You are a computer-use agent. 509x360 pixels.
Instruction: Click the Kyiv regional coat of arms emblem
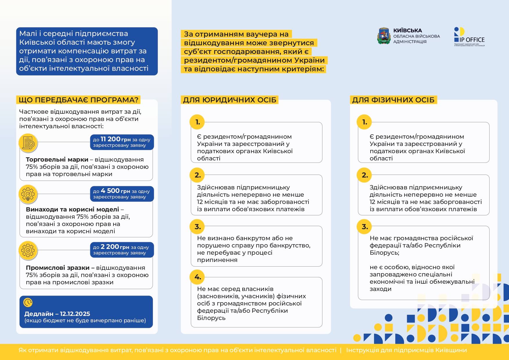click(384, 36)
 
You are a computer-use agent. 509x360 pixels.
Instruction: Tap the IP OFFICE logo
click(469, 37)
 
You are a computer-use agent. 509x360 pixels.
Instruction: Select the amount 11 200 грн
click(115, 139)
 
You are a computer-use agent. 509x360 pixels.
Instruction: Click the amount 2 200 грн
click(115, 247)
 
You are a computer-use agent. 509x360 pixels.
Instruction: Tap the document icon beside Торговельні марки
click(28, 143)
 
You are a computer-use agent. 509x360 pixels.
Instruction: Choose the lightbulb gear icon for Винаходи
click(28, 194)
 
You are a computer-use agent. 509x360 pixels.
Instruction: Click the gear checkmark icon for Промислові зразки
click(28, 250)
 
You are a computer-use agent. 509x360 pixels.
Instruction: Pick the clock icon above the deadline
click(28, 303)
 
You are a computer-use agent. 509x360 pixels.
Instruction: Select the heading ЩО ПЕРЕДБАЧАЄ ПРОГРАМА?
click(78, 100)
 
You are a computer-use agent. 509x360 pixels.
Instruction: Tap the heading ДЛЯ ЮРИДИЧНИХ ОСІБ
click(230, 100)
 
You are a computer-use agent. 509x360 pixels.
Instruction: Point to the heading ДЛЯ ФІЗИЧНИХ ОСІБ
click(393, 100)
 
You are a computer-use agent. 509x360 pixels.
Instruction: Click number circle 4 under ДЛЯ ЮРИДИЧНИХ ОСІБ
click(197, 277)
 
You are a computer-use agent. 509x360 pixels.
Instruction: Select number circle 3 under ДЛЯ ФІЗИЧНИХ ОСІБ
click(364, 227)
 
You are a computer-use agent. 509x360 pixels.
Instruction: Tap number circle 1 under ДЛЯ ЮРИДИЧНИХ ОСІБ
click(197, 122)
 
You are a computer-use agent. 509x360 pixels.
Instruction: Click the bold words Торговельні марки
click(57, 160)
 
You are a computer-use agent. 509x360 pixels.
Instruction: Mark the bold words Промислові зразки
click(57, 268)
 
